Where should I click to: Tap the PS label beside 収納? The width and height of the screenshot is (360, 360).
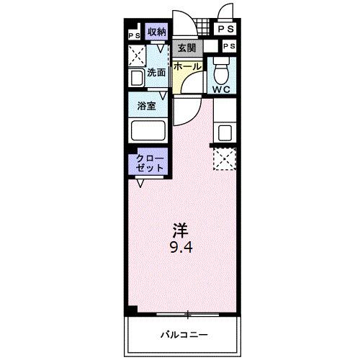(x=135, y=34)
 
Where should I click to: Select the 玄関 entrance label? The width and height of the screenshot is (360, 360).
(x=187, y=49)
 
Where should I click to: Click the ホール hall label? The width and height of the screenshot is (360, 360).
(x=187, y=66)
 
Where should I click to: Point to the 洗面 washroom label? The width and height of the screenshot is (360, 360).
(x=157, y=73)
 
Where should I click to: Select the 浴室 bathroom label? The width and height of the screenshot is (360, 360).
(x=148, y=105)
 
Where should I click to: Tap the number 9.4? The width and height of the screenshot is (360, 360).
(x=181, y=247)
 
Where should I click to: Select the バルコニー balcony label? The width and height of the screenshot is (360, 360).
(x=184, y=335)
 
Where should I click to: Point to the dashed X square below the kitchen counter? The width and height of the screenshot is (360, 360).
(x=225, y=158)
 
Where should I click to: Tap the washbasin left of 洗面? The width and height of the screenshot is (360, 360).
(x=136, y=78)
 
